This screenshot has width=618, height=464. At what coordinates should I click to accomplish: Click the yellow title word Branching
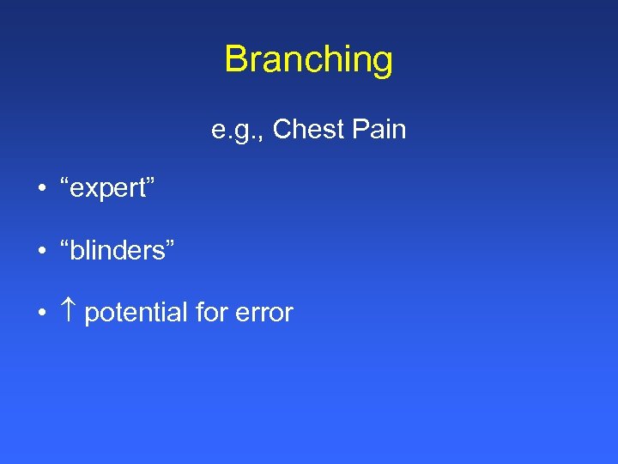point(309,59)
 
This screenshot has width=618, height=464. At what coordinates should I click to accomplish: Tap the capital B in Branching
point(235,59)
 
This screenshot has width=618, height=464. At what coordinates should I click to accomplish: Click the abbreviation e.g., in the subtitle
point(238,131)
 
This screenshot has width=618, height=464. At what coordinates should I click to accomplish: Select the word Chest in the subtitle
point(306,130)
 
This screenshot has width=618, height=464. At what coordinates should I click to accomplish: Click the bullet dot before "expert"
point(42,190)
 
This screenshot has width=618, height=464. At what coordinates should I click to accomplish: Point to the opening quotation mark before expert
point(66,183)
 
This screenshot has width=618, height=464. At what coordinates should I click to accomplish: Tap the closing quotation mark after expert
point(152,183)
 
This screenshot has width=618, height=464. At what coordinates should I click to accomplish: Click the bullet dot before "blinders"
point(42,251)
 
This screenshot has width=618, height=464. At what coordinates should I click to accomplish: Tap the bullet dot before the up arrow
point(42,313)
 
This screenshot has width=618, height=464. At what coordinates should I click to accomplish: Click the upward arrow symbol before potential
point(69,312)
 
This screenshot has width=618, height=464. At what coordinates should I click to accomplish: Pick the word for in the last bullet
point(210,312)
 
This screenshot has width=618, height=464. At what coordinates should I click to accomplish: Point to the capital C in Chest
point(282,130)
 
